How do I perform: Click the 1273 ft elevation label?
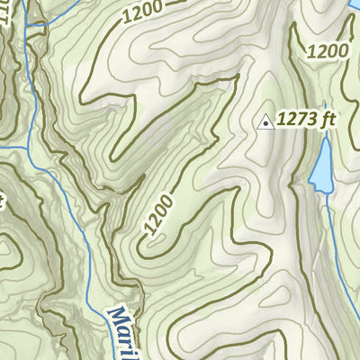(x=300, y=119)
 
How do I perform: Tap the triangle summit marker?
(x=265, y=121)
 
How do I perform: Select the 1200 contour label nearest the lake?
(x=326, y=51)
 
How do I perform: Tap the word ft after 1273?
(x=314, y=119)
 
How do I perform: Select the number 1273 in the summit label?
(x=292, y=119)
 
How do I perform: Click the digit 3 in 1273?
(x=303, y=119)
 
